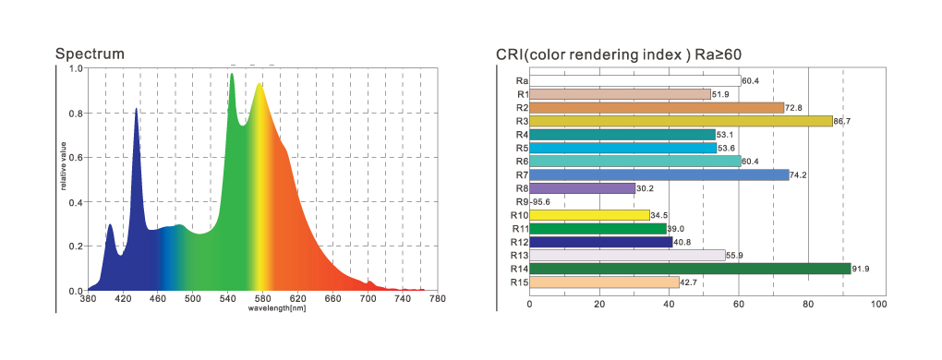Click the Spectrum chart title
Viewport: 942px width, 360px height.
tap(90, 54)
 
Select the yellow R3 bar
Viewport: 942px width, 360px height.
tap(681, 121)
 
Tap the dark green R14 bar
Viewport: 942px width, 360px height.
tap(690, 269)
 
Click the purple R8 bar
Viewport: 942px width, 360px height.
tap(582, 188)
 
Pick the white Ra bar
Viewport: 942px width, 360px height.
tap(635, 81)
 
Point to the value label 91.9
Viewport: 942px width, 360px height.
tap(861, 269)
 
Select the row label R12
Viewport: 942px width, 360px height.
tap(519, 242)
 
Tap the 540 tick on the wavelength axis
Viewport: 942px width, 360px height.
tap(228, 298)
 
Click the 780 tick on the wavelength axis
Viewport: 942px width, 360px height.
tap(438, 298)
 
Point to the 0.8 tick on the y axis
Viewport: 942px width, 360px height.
tap(77, 113)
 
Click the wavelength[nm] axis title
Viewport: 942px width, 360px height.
tap(272, 307)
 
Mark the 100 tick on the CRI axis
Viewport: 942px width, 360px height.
tap(878, 306)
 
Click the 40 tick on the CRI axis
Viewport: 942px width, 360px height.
tap(669, 306)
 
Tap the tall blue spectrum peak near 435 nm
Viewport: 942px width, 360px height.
tap(137, 109)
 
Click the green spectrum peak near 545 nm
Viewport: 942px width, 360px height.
tap(232, 75)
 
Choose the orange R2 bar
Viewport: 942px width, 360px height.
tap(657, 108)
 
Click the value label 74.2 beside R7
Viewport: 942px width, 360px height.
tap(799, 175)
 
